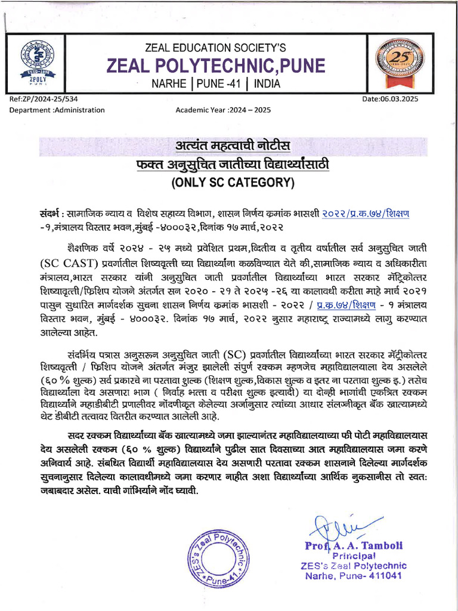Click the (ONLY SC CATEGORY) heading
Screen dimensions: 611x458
[x=233, y=183]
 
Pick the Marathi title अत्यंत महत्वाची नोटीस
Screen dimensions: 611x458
[x=233, y=146]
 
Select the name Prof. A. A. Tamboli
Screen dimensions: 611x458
[x=354, y=545]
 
